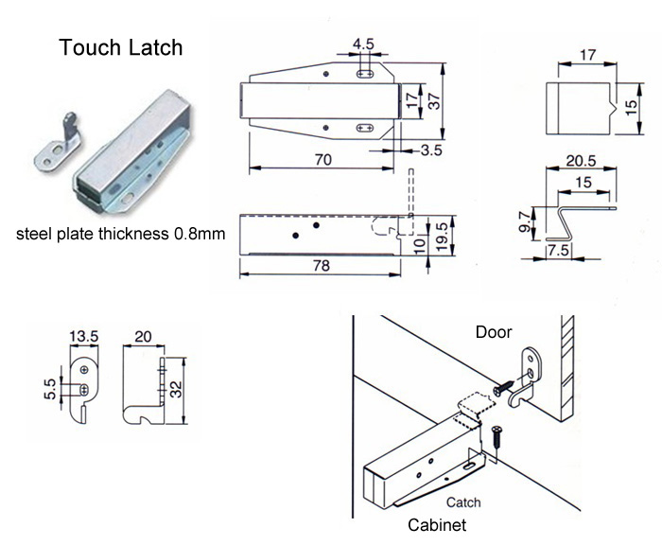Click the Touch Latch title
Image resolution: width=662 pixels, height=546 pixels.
tap(121, 48)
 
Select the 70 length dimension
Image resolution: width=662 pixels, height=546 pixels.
tap(322, 161)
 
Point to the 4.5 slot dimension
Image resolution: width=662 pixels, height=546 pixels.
tap(363, 43)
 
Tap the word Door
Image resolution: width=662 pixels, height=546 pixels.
tap(493, 332)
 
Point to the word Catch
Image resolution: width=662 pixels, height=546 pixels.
tap(462, 502)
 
